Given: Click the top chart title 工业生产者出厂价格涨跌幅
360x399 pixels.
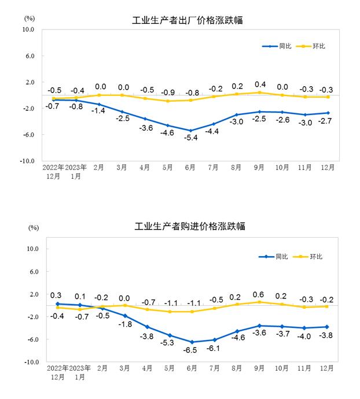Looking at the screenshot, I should click(188, 21).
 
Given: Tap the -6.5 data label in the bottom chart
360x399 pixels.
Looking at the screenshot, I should click(190, 350).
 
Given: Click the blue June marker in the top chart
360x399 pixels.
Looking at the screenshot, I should click(190, 131).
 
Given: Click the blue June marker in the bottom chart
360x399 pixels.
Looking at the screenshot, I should click(190, 342).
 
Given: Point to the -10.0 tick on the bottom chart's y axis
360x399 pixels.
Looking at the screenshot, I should click(30, 362).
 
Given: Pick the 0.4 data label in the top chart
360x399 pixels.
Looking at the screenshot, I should click(260, 84).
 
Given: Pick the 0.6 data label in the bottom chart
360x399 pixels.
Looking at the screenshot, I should click(259, 294).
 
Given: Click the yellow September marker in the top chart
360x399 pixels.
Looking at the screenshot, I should click(259, 93).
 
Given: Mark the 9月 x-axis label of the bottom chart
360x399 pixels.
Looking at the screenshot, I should click(259, 368).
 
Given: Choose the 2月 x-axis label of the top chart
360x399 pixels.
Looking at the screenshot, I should click(99, 168).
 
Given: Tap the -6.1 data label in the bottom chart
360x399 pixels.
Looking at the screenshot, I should click(214, 349).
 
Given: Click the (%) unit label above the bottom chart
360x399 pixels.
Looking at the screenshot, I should click(33, 228).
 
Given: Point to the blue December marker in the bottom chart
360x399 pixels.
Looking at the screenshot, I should click(328, 327).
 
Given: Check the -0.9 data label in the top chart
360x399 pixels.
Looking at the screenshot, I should click(168, 93).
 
